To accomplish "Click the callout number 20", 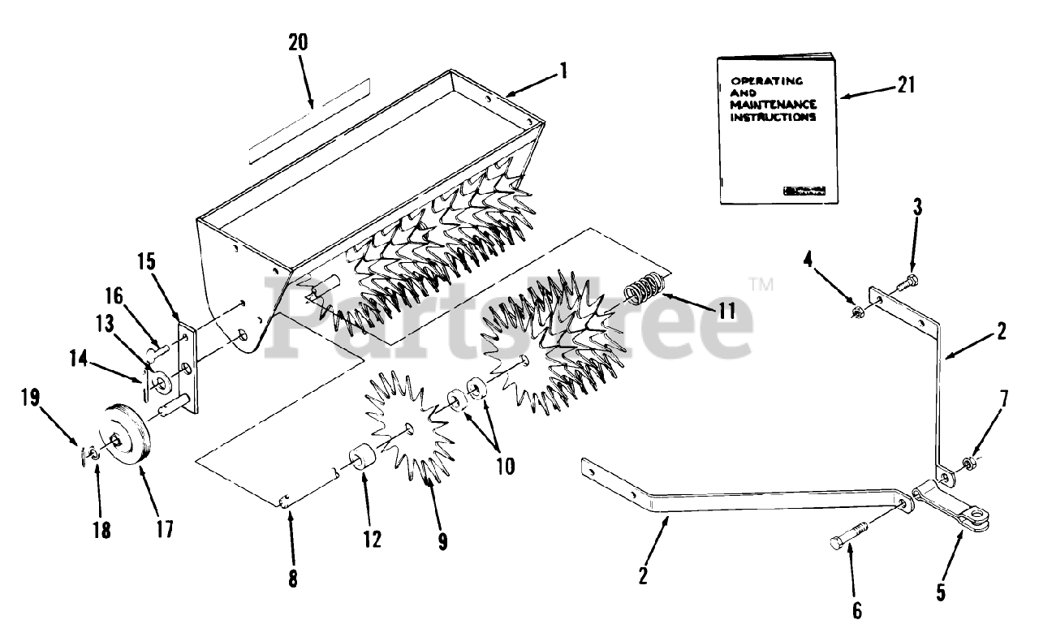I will tap(298, 42).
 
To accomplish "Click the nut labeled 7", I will tap(968, 463).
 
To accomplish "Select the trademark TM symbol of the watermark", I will tap(761, 284).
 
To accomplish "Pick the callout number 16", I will tap(114, 295).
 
